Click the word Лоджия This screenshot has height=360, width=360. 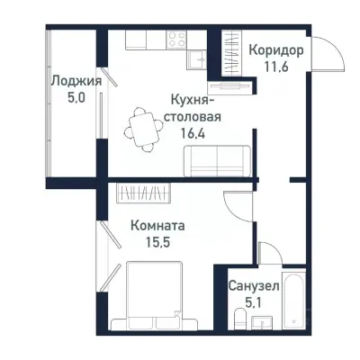(x=76, y=80)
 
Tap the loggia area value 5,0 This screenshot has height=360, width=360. (x=76, y=98)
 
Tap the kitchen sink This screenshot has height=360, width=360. (x=197, y=58)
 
